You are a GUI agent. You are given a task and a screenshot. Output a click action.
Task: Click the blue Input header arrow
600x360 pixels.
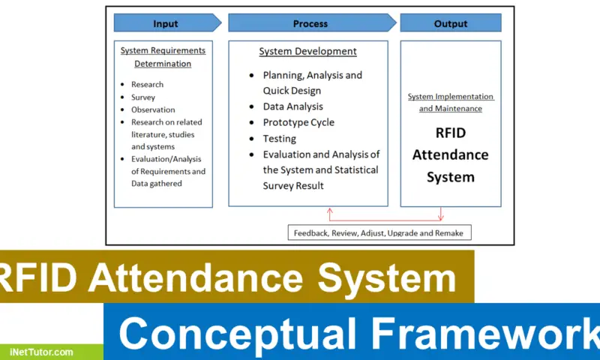tap(167, 23)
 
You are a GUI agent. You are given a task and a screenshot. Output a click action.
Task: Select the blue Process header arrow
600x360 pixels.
tap(312, 23)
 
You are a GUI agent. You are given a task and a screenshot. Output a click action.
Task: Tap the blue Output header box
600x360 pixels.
tap(451, 23)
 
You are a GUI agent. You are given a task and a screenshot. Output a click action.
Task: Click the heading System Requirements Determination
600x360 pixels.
tap(163, 57)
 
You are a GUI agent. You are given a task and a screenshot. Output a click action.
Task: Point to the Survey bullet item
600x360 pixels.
tap(143, 97)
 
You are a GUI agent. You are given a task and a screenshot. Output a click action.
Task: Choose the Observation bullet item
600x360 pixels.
tap(153, 109)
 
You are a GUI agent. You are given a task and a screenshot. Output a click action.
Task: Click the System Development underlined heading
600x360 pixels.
tap(308, 51)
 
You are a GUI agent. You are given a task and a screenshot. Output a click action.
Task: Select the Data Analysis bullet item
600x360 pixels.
tap(293, 106)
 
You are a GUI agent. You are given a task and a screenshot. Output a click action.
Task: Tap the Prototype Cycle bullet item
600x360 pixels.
tap(298, 122)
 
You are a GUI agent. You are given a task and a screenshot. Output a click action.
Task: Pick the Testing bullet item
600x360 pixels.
tap(279, 139)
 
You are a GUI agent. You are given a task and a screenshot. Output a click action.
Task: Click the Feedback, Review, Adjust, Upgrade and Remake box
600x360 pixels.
tap(379, 232)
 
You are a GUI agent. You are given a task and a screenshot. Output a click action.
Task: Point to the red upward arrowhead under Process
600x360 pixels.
tap(330, 211)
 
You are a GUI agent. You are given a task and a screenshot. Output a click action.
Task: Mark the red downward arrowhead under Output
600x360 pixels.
tap(441, 217)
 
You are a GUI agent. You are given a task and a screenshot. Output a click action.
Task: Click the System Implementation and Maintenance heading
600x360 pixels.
tap(451, 103)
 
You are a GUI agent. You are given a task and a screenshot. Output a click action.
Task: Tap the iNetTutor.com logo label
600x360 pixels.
tap(41, 352)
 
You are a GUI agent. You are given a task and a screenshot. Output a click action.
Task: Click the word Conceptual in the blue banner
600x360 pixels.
tap(238, 332)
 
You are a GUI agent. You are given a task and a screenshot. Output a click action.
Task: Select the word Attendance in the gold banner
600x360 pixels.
tap(196, 277)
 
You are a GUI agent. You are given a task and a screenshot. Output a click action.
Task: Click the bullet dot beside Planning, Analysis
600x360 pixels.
tap(251, 75)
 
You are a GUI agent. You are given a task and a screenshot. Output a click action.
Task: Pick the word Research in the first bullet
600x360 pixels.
tap(147, 84)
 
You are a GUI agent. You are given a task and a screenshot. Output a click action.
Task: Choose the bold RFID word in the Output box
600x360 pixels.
tap(451, 133)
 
